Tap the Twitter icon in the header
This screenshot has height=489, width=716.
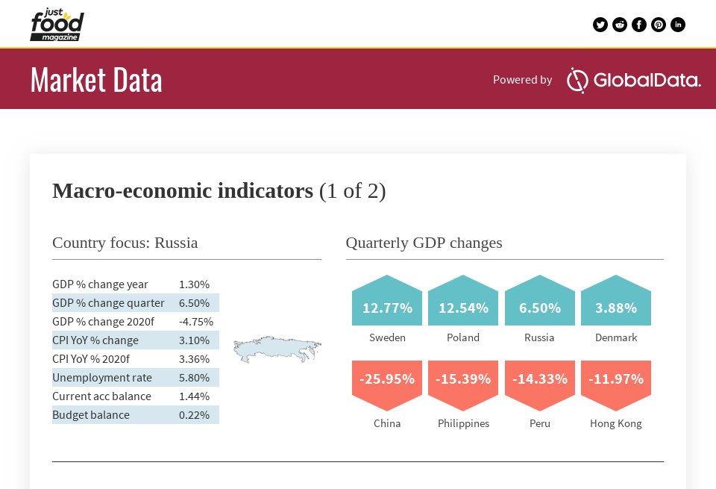(x=600, y=25)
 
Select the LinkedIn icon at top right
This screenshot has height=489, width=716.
(x=678, y=25)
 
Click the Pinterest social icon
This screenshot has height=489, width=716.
(x=659, y=25)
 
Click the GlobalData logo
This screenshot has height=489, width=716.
(x=633, y=80)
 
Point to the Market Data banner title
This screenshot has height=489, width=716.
(x=96, y=80)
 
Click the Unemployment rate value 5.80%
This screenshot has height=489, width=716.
(x=194, y=378)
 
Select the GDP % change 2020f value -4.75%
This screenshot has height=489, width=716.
(x=196, y=322)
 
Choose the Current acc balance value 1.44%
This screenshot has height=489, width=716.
(x=194, y=396)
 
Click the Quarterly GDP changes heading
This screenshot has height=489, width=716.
(x=424, y=243)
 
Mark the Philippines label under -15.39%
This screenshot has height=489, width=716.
(x=463, y=423)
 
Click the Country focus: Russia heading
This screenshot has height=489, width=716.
(x=125, y=243)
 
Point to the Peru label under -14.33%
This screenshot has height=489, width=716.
(x=540, y=423)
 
